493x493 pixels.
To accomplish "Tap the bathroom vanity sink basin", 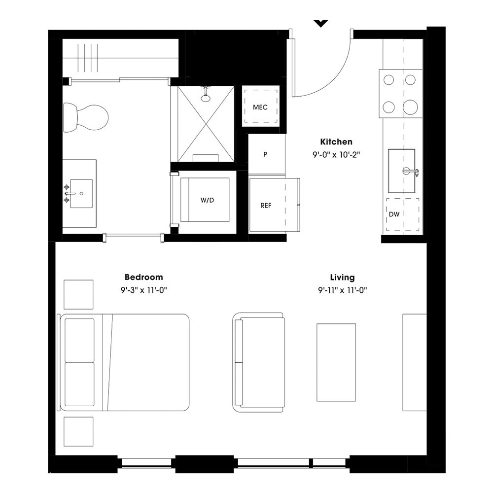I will [81, 193].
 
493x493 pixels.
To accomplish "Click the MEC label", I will [260, 107].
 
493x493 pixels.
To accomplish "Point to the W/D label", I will [207, 200].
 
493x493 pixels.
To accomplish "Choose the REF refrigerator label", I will [266, 206].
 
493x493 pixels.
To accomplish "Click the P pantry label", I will [265, 154].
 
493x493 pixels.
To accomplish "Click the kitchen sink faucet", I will [410, 171].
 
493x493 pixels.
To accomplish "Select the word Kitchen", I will [336, 142].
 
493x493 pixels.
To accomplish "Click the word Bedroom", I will [143, 278].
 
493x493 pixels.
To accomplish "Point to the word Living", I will [342, 278].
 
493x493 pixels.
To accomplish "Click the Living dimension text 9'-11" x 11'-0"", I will [342, 290].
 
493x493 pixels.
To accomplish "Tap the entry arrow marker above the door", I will [321, 23].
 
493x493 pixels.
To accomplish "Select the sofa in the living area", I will [259, 362].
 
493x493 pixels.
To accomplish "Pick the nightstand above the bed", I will [78, 294].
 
